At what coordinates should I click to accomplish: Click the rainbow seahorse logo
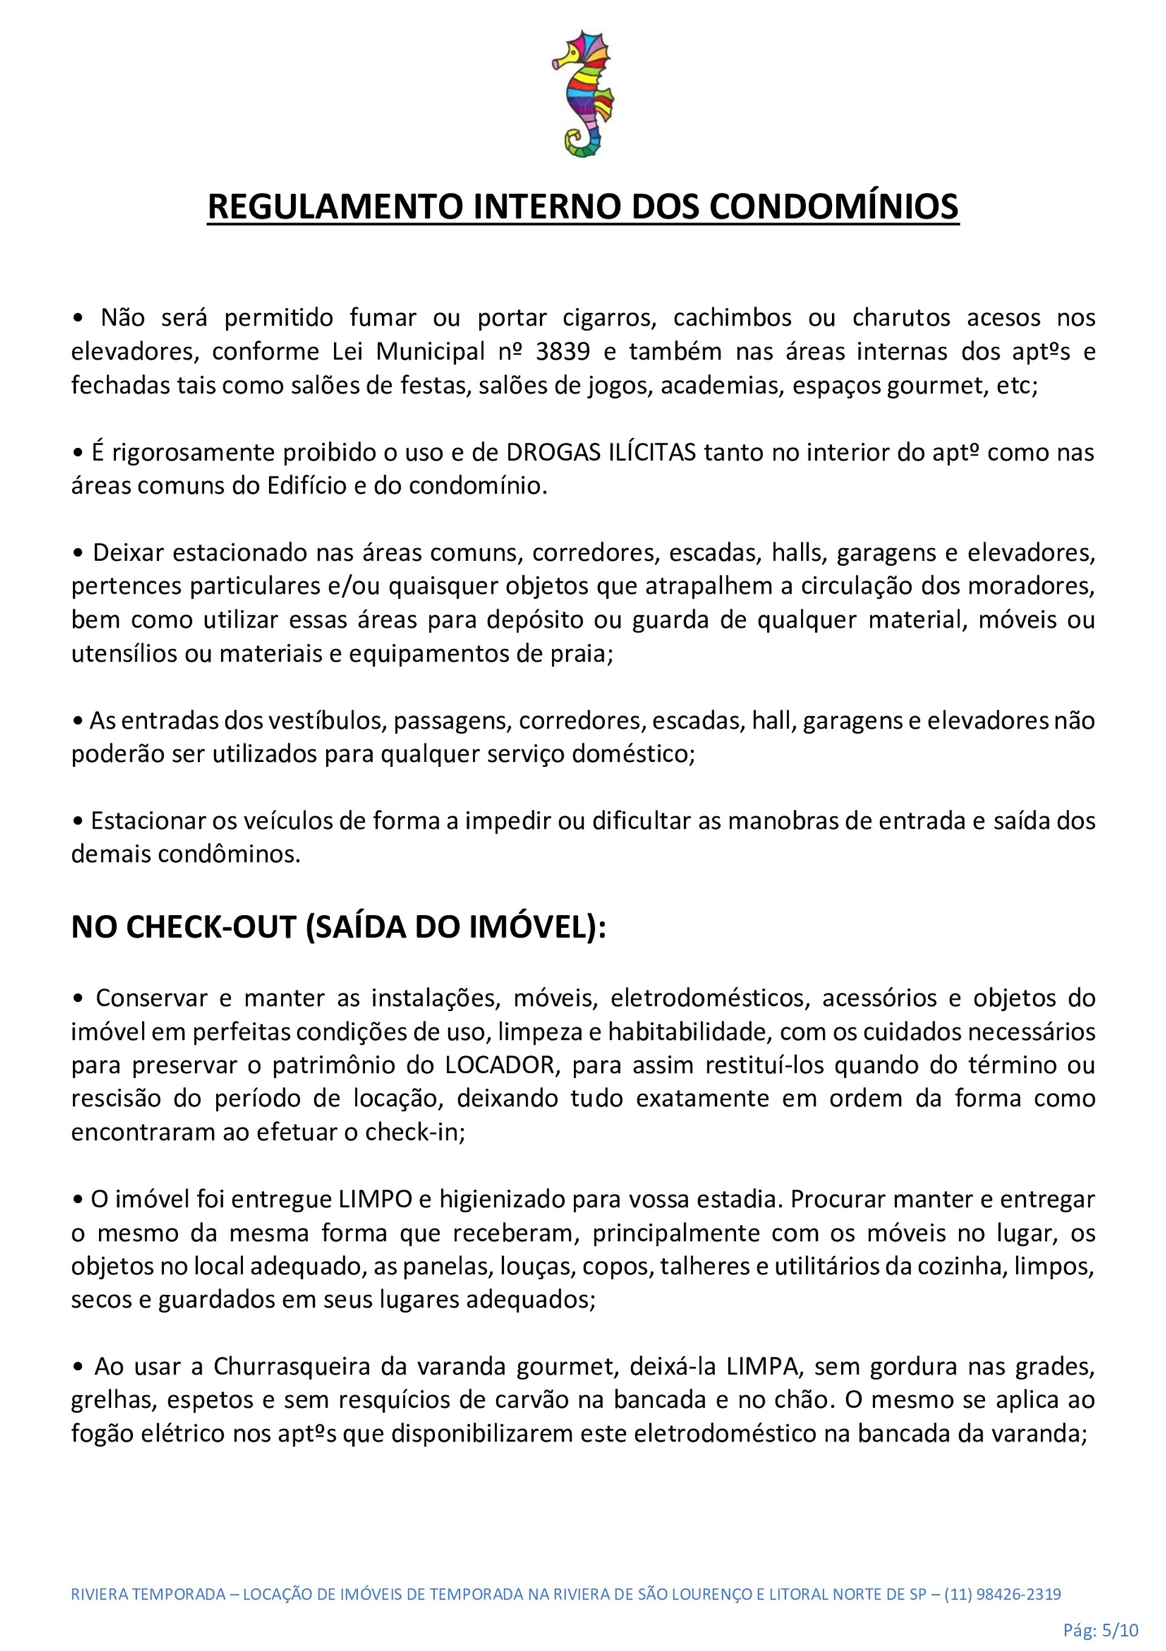[x=583, y=94]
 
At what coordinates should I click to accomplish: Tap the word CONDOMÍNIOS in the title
[x=834, y=207]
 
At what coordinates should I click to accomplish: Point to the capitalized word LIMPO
[x=375, y=1200]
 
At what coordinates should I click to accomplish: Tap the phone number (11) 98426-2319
[x=1003, y=1594]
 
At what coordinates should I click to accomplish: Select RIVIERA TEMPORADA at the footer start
[x=148, y=1594]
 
